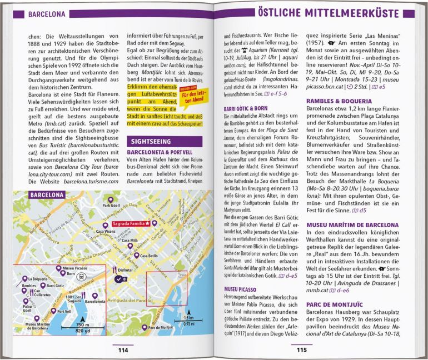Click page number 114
[x=123, y=350]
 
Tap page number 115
[x=301, y=350]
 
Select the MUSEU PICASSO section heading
[x=240, y=289]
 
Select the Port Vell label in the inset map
[x=64, y=312]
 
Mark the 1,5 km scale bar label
[x=188, y=318]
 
